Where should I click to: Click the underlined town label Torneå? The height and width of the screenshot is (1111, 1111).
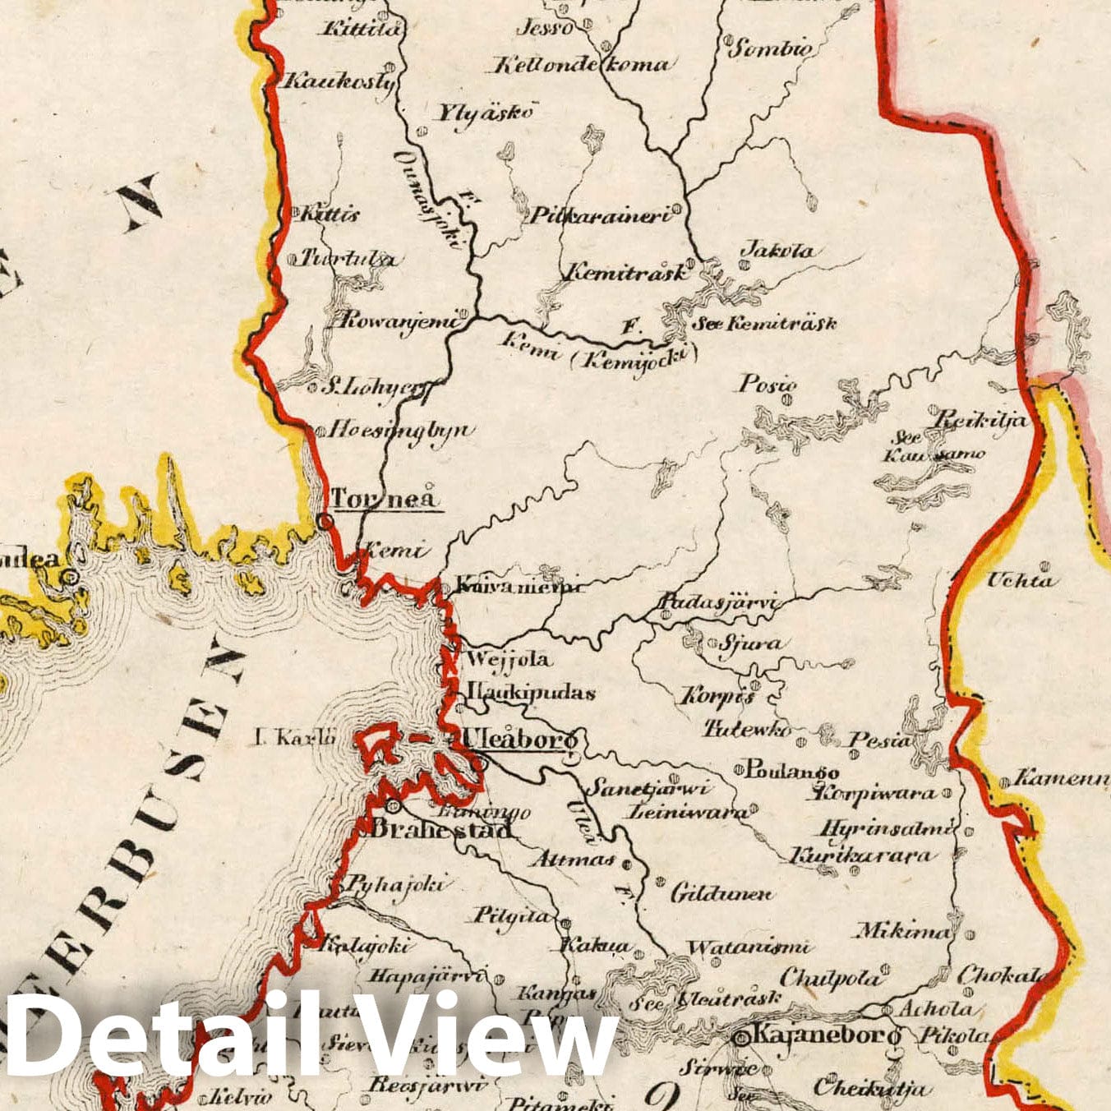pyautogui.click(x=385, y=498)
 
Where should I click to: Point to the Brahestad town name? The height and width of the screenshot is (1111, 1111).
pyautogui.click(x=442, y=828)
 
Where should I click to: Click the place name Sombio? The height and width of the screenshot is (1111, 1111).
pyautogui.click(x=771, y=48)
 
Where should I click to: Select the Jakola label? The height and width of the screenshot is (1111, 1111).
pyautogui.click(x=778, y=250)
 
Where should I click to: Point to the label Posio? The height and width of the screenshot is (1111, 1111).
pyautogui.click(x=768, y=383)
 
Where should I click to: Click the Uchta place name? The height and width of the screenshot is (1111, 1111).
pyautogui.click(x=1019, y=580)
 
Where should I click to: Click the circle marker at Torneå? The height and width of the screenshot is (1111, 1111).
pyautogui.click(x=325, y=521)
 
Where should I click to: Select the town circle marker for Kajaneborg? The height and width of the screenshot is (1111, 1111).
pyautogui.click(x=739, y=1039)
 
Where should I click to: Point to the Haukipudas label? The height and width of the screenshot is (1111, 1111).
pyautogui.click(x=531, y=692)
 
